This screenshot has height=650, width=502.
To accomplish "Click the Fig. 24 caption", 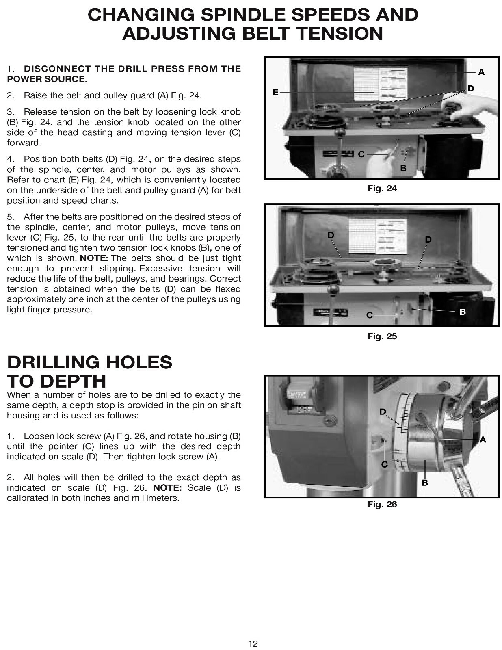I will (382, 188).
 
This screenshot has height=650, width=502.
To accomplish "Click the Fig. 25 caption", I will (382, 336).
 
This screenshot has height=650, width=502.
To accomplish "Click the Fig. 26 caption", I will (382, 505).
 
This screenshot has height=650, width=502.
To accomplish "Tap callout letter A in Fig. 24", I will (481, 72).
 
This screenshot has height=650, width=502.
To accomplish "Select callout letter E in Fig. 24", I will (275, 93).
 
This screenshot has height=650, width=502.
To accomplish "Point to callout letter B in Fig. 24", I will (403, 168).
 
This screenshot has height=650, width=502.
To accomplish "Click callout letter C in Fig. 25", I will (370, 315).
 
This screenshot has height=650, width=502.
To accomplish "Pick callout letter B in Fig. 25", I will (463, 312).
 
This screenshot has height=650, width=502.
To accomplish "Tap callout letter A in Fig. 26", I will (483, 440).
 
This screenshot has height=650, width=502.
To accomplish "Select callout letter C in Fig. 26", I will (384, 464).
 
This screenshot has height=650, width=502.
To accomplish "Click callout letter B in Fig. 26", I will (425, 483).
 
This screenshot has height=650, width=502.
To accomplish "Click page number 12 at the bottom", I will (253, 643).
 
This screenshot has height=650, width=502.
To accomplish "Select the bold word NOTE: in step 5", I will (94, 258).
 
